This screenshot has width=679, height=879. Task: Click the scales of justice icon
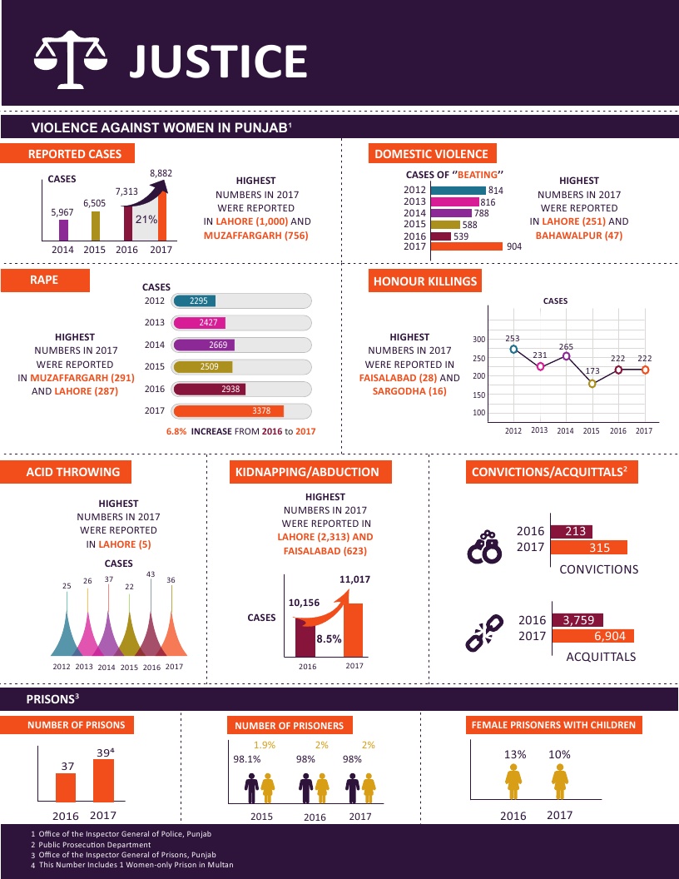[72, 59]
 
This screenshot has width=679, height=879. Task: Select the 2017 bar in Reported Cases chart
[162, 216]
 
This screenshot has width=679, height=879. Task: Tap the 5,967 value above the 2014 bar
[62, 213]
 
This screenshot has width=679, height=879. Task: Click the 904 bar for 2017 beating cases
[466, 246]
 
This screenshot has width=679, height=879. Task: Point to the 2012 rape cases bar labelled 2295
[194, 301]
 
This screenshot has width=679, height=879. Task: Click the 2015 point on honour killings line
[592, 384]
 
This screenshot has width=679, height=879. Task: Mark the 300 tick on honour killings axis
[478, 340]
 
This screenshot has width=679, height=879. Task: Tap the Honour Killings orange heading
[424, 281]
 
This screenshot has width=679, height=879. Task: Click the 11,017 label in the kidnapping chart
[354, 579]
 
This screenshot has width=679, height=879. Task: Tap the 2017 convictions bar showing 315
[588, 547]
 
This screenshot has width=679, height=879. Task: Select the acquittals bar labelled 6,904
[593, 636]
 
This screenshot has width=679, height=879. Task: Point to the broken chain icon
[483, 633]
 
